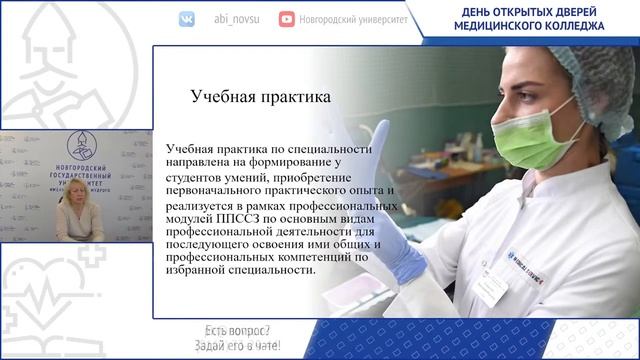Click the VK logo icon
point(187,19)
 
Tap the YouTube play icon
point(287,19)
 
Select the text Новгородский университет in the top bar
point(352,19)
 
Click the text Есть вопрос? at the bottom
point(233,331)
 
